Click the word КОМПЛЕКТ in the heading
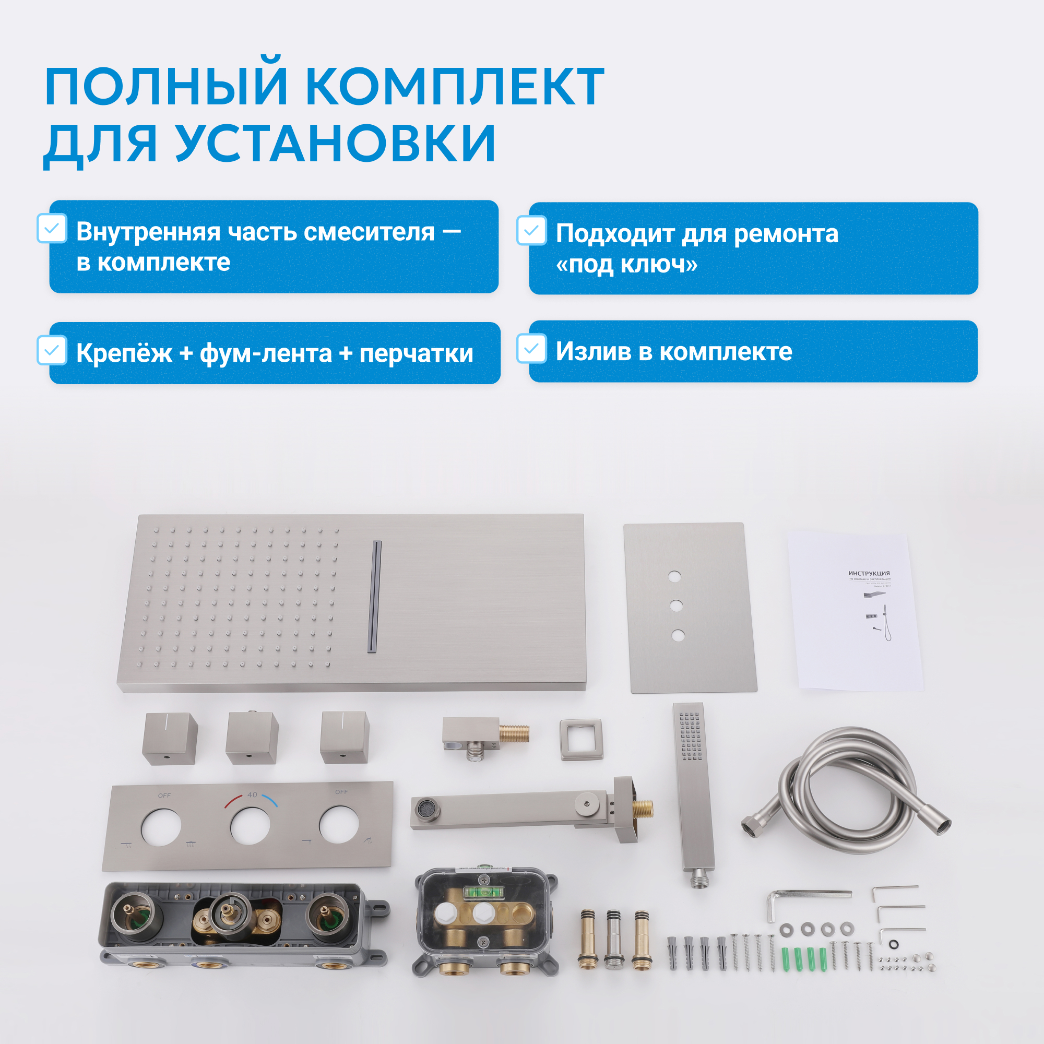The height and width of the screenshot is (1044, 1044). (455, 86)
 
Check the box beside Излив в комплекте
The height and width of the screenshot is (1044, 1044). (532, 349)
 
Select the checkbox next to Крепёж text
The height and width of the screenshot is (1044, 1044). (52, 350)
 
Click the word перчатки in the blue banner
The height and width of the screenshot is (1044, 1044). (416, 353)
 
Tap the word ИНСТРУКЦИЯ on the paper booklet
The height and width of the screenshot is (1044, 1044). (869, 573)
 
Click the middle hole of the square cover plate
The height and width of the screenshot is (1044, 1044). (676, 606)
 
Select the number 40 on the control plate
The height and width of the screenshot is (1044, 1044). (252, 795)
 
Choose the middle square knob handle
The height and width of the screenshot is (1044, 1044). (252, 738)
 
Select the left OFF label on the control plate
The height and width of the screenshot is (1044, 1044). (164, 796)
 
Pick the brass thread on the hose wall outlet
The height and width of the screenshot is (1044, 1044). (515, 733)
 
